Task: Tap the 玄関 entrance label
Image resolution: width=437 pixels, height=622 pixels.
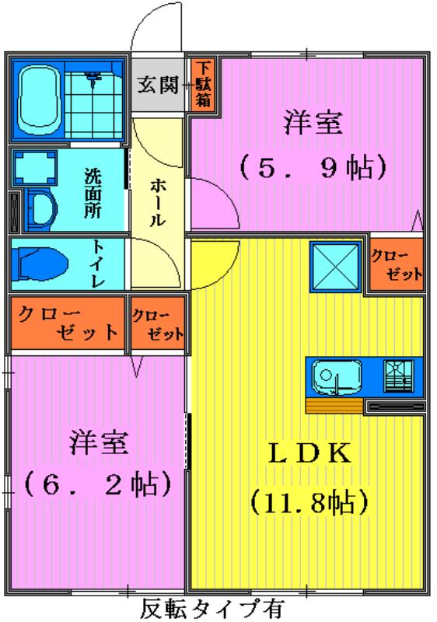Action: pos(158,85)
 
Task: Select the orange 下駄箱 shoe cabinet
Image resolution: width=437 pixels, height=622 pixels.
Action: pos(203,85)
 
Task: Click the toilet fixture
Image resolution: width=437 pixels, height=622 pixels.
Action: pos(40,263)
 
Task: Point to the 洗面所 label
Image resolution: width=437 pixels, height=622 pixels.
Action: pos(93,193)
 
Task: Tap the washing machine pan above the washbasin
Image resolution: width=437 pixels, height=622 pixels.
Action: pos(34,168)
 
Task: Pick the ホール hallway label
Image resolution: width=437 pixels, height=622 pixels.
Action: pos(157,202)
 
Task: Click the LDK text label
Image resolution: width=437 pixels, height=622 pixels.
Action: pos(310,453)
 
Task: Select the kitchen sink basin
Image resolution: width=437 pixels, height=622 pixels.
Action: pos(337,377)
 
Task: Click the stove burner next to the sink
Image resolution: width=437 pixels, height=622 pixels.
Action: pos(399,376)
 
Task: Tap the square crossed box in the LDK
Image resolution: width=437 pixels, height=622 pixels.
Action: pos(335,267)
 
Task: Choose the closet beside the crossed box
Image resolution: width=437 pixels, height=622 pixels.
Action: pos(396,264)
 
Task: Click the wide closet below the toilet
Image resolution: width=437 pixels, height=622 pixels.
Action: pos(68,323)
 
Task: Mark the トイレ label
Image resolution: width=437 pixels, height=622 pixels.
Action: pos(97,263)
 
